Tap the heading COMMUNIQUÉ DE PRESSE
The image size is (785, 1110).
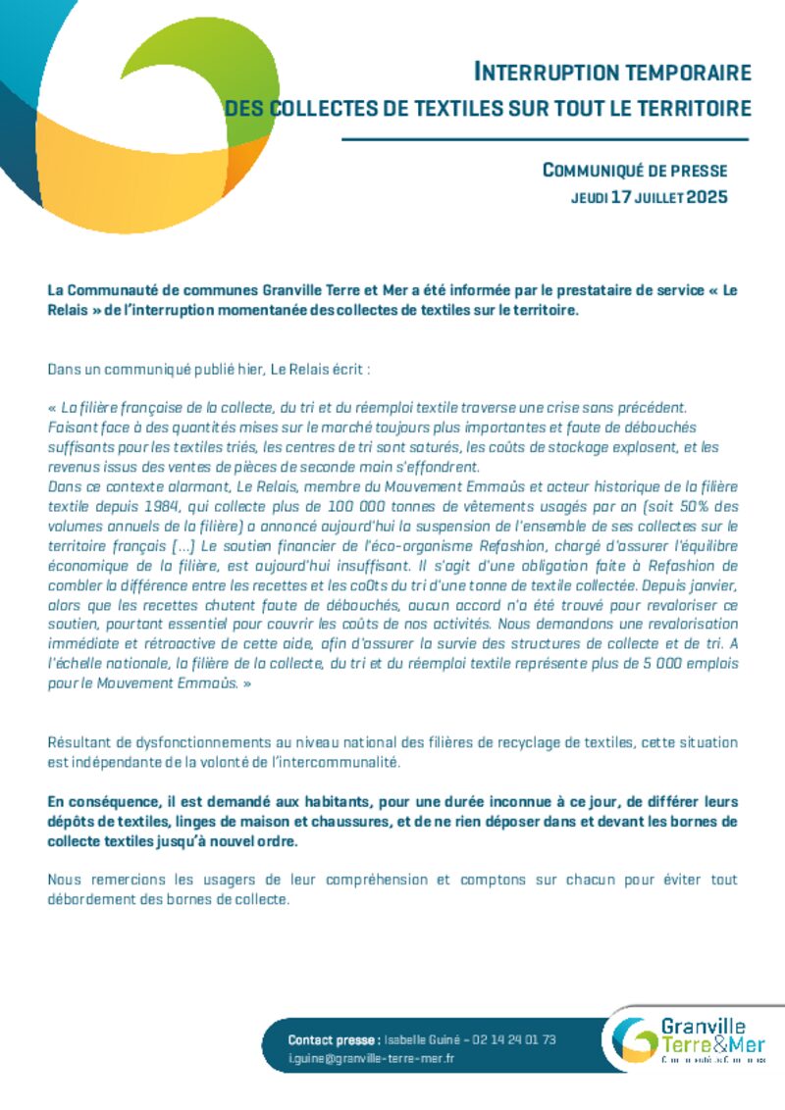635,171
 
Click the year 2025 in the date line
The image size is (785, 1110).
706,197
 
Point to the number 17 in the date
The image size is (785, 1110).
620,197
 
